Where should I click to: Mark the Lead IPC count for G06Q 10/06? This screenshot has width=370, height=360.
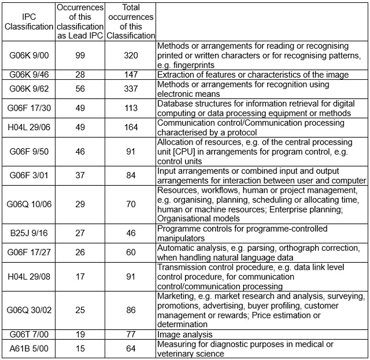(80, 204)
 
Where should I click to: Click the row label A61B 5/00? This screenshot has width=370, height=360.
(28, 348)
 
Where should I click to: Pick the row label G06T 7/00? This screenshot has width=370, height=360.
(28, 334)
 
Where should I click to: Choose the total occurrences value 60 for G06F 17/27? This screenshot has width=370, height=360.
(131, 252)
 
